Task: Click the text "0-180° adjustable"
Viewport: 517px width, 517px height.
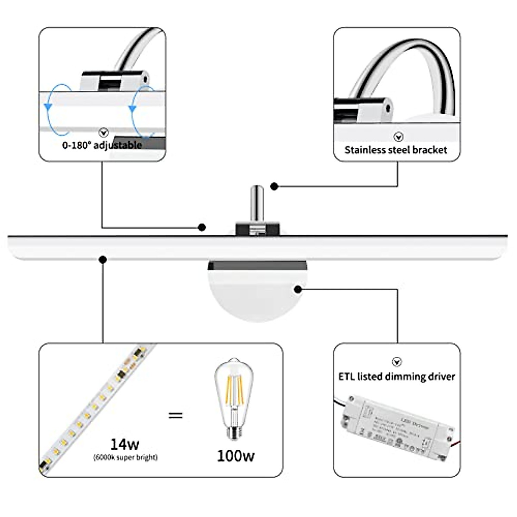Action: click(102, 145)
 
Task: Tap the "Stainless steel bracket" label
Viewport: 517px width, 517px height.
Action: click(396, 150)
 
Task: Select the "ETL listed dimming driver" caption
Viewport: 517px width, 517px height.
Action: click(396, 377)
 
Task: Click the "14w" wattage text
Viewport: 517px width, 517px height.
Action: click(125, 444)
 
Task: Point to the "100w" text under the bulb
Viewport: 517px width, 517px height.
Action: click(235, 456)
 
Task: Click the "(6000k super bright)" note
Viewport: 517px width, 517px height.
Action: click(125, 457)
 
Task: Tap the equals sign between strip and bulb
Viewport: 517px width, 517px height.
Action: click(175, 416)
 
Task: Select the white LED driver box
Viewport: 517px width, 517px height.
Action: click(396, 427)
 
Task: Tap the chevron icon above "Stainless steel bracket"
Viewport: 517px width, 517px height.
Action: click(399, 137)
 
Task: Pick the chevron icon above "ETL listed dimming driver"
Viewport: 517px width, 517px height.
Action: click(397, 362)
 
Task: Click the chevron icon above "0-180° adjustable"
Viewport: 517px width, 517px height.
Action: click(103, 132)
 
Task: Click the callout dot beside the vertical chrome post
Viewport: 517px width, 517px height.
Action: click(274, 186)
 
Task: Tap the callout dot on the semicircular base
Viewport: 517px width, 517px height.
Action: click(298, 289)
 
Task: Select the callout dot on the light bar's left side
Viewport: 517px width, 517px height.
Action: click(103, 259)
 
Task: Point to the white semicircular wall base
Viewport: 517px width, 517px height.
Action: click(257, 297)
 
